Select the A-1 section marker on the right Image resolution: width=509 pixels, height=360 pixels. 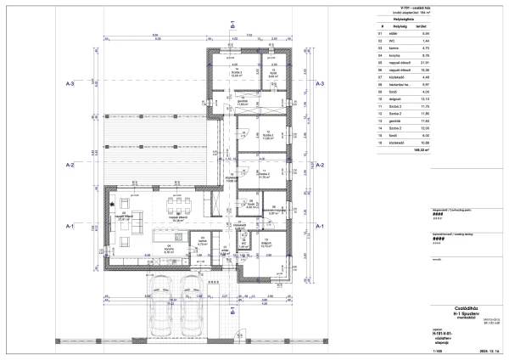[x=320, y=228]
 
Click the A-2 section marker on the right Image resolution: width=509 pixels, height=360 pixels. [x=320, y=165]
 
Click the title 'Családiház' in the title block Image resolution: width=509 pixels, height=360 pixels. [x=461, y=310]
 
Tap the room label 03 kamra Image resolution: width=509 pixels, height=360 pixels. [x=202, y=241]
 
